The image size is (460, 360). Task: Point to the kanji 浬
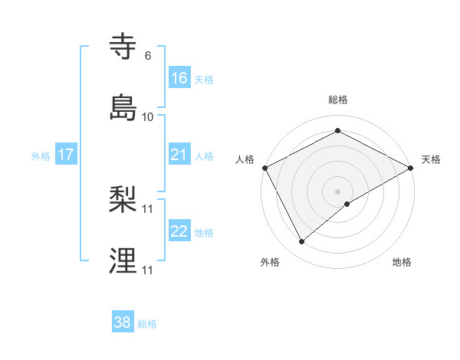(x=123, y=260)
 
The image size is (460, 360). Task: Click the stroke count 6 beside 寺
(x=148, y=56)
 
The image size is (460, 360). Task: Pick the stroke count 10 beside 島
(x=148, y=116)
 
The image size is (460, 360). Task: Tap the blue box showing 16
(x=179, y=77)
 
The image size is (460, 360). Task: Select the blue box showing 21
(x=179, y=155)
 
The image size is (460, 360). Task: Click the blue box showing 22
(x=179, y=231)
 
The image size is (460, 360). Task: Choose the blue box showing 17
(x=66, y=155)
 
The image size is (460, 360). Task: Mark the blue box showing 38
(x=123, y=322)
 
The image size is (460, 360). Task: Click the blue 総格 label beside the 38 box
(x=147, y=324)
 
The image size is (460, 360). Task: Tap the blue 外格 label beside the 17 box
(x=41, y=155)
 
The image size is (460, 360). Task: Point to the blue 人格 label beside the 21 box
(x=204, y=155)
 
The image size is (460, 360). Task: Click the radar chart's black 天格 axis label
(x=431, y=159)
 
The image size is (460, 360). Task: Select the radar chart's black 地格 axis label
(x=402, y=263)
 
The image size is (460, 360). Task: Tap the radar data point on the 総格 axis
(x=337, y=131)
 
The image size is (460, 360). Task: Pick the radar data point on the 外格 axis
(x=302, y=241)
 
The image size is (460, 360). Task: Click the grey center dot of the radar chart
(x=337, y=190)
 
